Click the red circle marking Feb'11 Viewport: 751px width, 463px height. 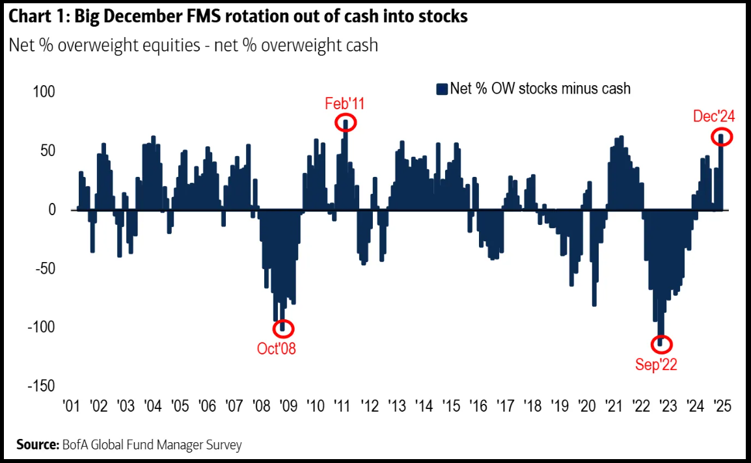point(346,122)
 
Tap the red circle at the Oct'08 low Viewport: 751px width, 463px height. point(283,328)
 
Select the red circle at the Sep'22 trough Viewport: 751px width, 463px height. point(661,344)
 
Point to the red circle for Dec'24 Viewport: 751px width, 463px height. point(722,137)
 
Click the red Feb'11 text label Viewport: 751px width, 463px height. point(344,103)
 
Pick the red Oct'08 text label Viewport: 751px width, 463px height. point(276,349)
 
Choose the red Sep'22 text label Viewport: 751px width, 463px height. point(656,365)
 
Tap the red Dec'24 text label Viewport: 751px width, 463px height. point(714,116)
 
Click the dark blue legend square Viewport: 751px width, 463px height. point(442,89)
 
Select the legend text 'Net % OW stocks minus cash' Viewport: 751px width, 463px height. point(540,89)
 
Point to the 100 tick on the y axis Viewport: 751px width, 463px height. point(44,92)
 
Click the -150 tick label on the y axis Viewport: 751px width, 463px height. point(40,386)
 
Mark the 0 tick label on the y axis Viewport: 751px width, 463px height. point(51,209)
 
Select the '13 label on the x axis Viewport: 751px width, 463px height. point(397,406)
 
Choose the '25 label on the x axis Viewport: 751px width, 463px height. point(722,406)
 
